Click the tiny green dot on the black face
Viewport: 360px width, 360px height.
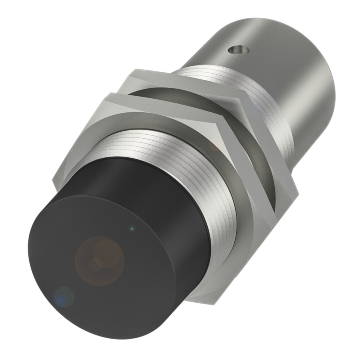click(x=131, y=229)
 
